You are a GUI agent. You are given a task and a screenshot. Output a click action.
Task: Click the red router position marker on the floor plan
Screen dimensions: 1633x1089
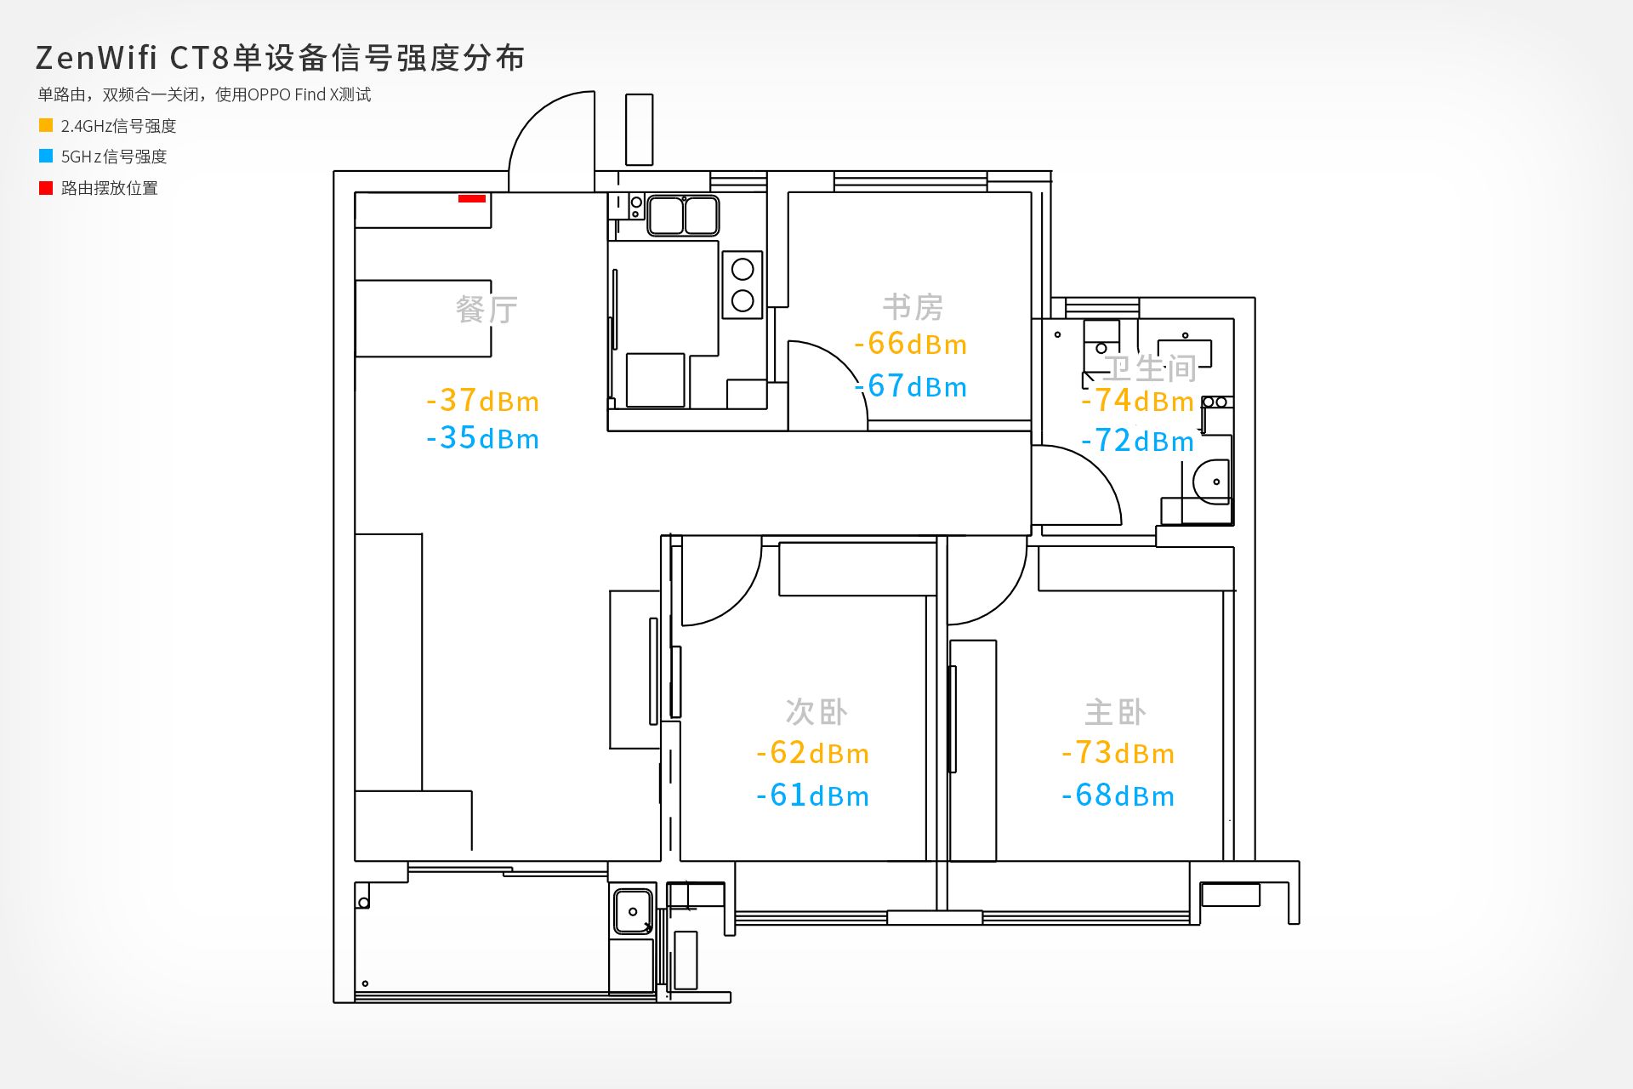[x=472, y=198]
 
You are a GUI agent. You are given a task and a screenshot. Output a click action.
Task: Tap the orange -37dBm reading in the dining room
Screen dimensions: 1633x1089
[x=482, y=400]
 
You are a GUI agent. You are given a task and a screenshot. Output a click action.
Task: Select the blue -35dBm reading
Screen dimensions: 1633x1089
[x=482, y=438]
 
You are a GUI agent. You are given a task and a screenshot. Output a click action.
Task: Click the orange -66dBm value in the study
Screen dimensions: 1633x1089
[x=910, y=344]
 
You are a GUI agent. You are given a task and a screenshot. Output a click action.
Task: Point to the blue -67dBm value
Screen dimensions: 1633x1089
[x=910, y=386]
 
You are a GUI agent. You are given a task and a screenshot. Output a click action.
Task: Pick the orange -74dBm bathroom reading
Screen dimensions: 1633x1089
[x=1137, y=400]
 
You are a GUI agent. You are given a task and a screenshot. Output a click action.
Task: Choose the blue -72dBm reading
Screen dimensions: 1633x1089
[x=1137, y=441]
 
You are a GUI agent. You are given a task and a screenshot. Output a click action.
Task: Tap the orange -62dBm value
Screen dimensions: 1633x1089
[x=812, y=752]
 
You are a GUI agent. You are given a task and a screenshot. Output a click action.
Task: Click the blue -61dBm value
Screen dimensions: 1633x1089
[x=812, y=795]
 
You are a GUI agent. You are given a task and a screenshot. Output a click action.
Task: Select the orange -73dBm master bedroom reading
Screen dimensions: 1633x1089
[x=1118, y=752]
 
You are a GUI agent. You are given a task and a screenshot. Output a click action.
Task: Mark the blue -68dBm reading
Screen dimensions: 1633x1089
[x=1118, y=795]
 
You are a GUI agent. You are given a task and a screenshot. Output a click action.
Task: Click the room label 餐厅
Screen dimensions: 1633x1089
[x=486, y=309]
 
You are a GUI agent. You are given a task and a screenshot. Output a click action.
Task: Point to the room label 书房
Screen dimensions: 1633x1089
[x=913, y=307]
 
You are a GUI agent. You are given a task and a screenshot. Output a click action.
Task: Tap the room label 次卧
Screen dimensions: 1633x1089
[x=816, y=712]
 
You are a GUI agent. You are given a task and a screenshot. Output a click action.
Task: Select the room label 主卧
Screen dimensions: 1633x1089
[x=1116, y=712]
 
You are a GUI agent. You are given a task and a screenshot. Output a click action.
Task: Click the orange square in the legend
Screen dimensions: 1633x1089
[x=46, y=125]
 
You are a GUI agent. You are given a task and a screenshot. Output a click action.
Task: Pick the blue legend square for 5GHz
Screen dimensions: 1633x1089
[x=46, y=157]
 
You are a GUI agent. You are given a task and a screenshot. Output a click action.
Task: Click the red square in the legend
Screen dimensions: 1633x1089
[x=46, y=188]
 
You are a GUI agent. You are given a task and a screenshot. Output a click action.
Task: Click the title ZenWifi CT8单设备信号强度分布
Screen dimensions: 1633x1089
[x=280, y=58]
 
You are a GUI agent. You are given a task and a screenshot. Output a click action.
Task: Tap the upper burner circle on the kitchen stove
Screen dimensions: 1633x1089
[x=743, y=270]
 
